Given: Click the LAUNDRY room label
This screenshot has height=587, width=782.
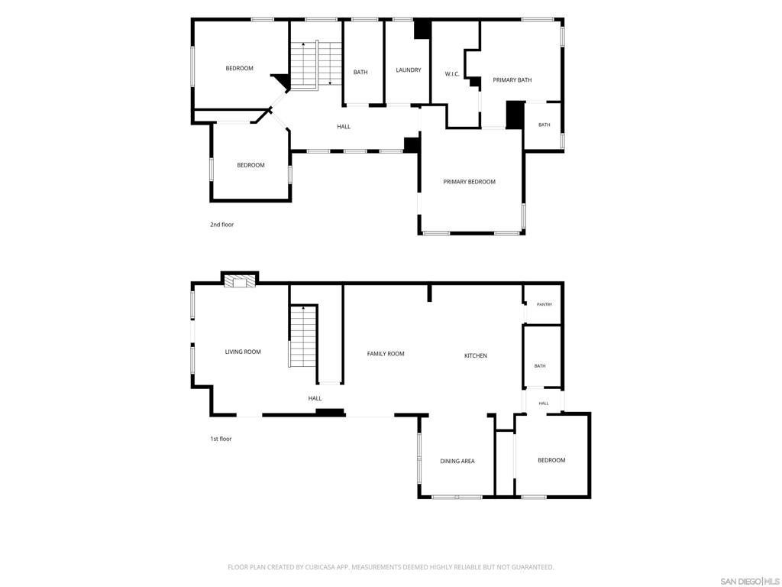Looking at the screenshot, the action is [409, 70].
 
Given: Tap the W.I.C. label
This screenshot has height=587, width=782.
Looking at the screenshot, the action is [452, 74].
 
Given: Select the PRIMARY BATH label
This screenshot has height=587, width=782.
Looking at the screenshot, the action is [512, 79].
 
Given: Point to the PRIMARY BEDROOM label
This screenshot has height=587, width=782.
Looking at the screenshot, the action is [470, 182].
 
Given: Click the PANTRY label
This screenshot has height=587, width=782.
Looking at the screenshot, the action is [544, 304].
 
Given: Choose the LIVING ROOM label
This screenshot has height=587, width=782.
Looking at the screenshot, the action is [243, 352].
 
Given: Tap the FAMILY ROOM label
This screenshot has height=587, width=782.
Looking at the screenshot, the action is [386, 354].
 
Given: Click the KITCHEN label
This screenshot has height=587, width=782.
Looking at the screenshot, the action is [476, 356].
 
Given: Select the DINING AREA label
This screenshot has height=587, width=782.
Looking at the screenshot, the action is [457, 461].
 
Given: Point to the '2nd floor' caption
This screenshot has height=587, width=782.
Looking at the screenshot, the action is [222, 225].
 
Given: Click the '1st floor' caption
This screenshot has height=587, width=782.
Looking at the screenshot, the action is [221, 439].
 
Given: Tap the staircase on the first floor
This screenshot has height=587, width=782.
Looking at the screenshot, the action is [302, 337].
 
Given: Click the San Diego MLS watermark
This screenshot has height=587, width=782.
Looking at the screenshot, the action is [749, 582].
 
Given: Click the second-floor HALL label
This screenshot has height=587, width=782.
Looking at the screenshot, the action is [344, 127].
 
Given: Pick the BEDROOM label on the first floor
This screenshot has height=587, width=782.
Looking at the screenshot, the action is [551, 460].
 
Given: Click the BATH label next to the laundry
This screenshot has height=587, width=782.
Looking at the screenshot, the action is [360, 73].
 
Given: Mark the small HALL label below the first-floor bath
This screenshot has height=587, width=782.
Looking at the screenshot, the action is [544, 404].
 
